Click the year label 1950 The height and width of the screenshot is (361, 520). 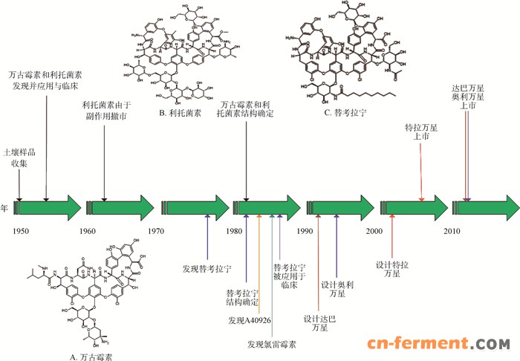[20, 232]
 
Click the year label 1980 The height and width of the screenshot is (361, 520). [235, 232]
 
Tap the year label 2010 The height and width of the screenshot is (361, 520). [452, 232]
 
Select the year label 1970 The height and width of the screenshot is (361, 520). [156, 232]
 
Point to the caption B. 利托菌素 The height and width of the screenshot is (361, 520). [176, 113]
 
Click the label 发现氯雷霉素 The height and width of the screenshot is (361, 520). [272, 344]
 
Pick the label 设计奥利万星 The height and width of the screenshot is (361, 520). [337, 290]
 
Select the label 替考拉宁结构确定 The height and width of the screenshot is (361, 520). [243, 297]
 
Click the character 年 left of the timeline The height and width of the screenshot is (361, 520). [4, 208]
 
